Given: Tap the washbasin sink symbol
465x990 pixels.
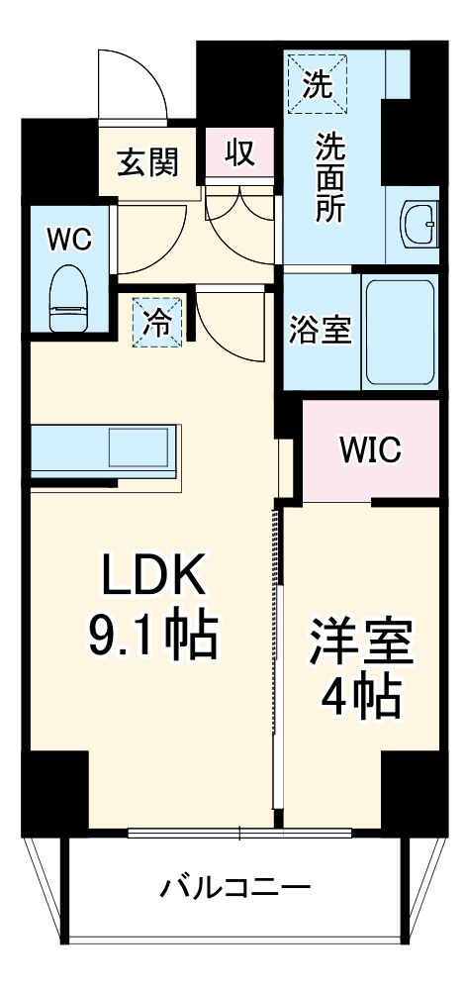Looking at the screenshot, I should click(419, 228).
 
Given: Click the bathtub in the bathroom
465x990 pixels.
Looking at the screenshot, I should click(400, 333).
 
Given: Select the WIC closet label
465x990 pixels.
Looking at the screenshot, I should click(370, 449).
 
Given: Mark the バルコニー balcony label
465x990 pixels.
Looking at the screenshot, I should click(235, 886).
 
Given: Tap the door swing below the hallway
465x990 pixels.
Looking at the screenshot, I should click(231, 322).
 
